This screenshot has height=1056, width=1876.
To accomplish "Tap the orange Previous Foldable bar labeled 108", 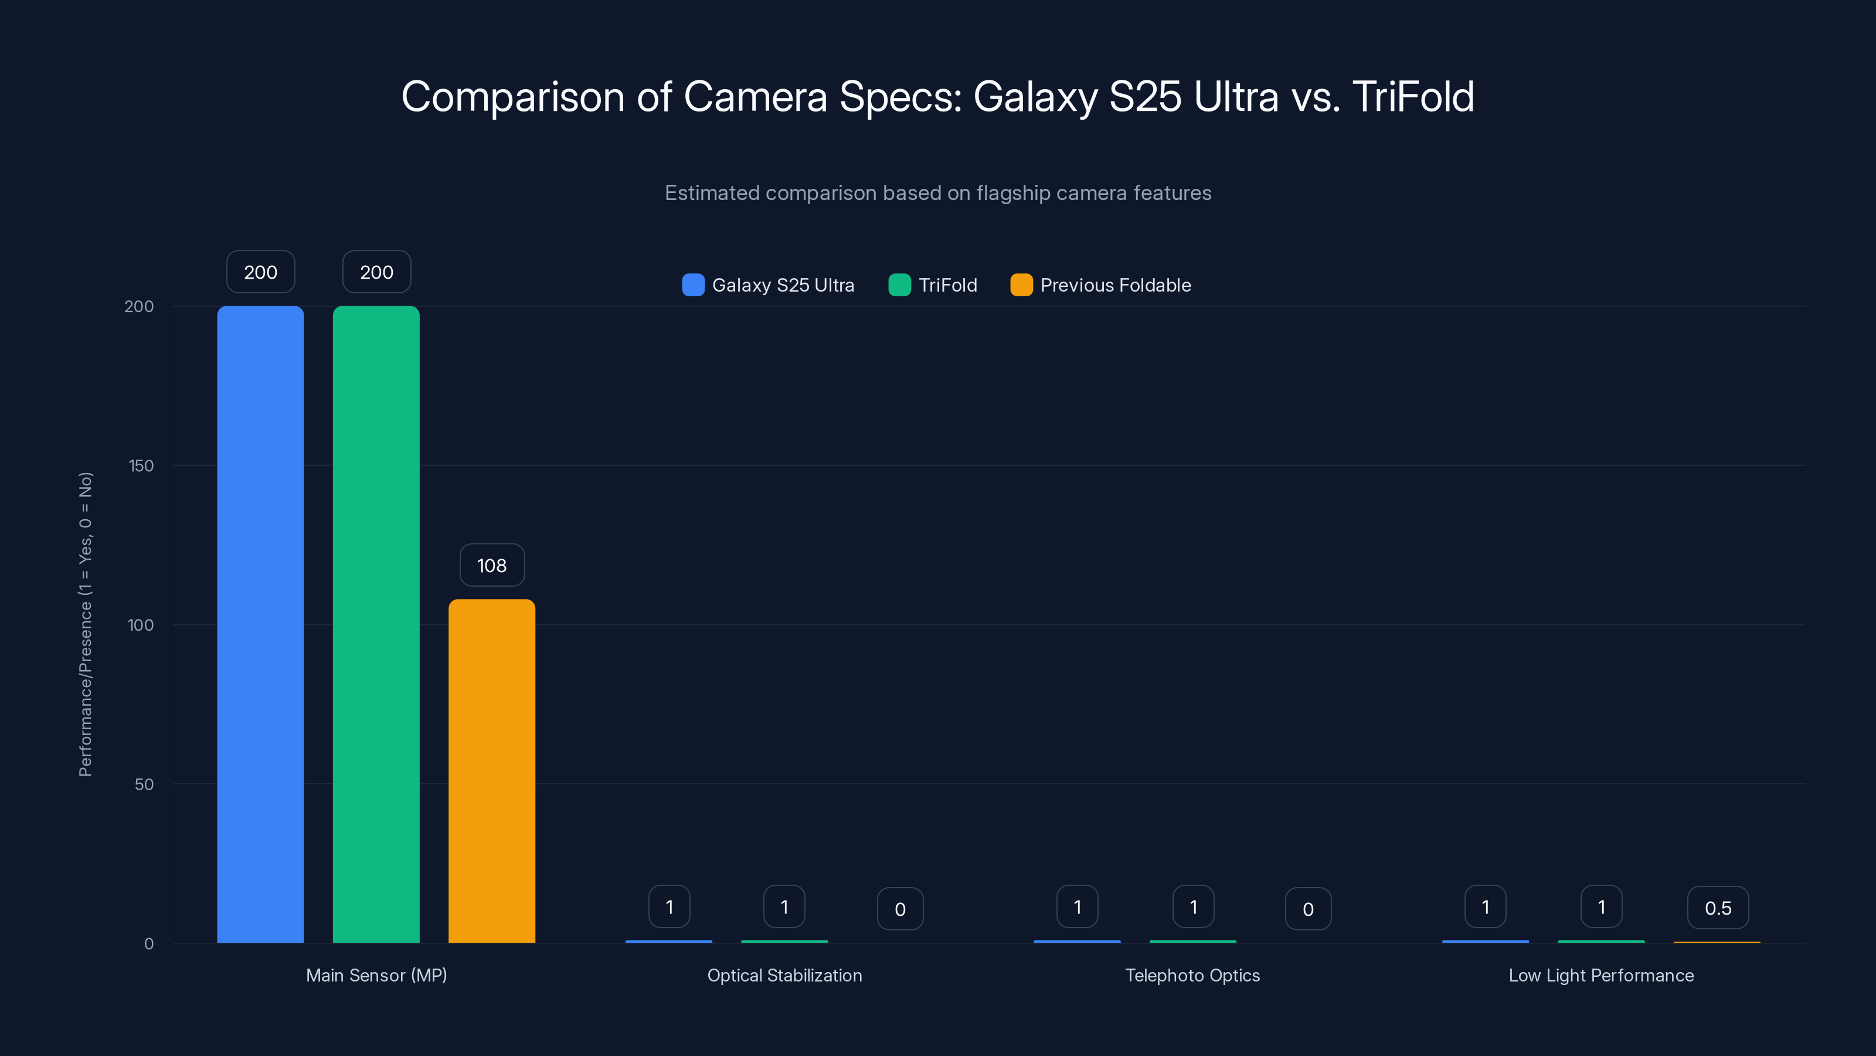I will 492,770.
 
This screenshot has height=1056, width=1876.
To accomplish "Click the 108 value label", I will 492,566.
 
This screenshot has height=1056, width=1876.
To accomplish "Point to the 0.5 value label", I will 1717,908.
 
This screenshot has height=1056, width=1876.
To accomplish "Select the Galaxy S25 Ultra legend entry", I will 769,285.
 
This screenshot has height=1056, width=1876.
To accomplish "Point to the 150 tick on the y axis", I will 141,466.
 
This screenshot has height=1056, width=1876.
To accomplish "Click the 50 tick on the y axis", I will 144,784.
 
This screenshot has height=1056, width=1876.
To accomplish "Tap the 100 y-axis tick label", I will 141,625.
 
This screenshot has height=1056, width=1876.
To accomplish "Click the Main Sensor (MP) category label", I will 376,975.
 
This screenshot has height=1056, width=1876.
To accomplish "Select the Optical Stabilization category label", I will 784,975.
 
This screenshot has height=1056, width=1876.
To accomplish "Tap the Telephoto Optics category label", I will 1192,975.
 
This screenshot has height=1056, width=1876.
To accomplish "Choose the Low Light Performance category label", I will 1600,975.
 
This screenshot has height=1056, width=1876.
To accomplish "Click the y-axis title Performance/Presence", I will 85,625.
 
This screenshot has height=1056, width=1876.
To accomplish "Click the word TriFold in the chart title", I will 1413,97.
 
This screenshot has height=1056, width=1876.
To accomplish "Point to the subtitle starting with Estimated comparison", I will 938,193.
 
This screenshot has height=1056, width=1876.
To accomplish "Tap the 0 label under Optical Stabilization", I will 900,909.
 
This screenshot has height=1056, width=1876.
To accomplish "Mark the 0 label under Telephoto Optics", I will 1308,909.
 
